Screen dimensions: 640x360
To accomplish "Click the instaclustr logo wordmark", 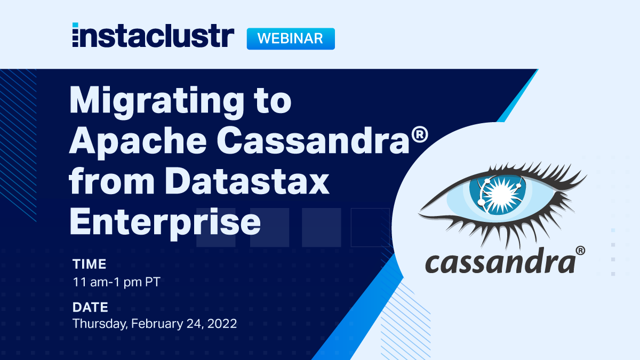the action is (x=153, y=35).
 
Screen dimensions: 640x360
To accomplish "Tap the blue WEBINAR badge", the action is (x=291, y=38).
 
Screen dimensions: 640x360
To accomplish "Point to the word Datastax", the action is (x=247, y=181).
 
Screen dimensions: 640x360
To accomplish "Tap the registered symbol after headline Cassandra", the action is (x=419, y=134).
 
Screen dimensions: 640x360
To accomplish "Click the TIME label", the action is (x=90, y=264).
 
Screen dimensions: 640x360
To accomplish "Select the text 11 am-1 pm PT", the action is (x=117, y=282).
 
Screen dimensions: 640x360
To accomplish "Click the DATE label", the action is (x=90, y=307).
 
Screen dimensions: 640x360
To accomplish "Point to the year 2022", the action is (x=222, y=324).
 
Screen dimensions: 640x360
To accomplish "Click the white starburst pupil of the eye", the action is (x=501, y=194).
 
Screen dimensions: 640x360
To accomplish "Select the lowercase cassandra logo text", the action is (x=500, y=261).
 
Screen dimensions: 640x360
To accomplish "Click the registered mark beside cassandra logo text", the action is (x=580, y=251).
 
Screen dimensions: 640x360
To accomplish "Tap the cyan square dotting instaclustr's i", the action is (x=75, y=25).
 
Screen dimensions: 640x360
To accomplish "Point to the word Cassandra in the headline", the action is (x=313, y=140).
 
